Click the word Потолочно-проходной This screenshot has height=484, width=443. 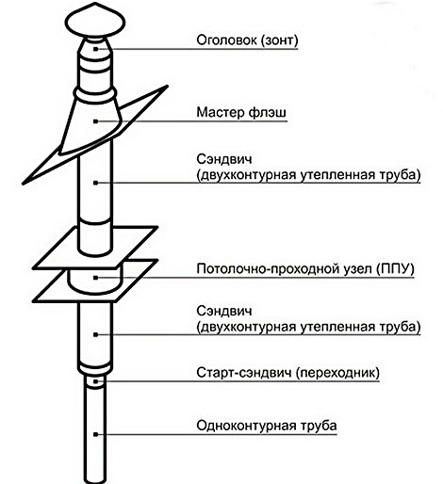pyautogui.click(x=261, y=266)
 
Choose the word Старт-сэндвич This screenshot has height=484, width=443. pyautogui.click(x=246, y=373)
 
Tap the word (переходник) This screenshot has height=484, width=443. pyautogui.click(x=336, y=373)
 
